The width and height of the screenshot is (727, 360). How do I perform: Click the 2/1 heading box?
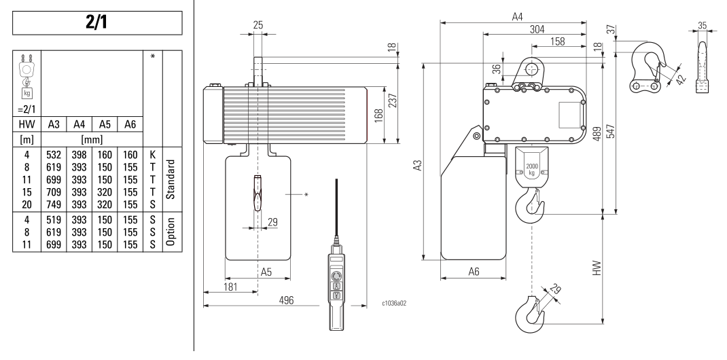pos(97,22)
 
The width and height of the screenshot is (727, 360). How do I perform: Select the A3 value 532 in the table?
pos(54,155)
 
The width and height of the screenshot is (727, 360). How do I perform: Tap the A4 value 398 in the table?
pos(79,155)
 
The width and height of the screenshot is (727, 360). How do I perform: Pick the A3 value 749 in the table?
pos(54,204)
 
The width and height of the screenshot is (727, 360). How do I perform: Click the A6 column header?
pos(130,124)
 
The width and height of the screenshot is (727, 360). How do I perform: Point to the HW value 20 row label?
pos(27,204)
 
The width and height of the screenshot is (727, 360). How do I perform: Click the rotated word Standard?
pos(170,179)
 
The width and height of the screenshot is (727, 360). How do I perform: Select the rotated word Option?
pos(170,232)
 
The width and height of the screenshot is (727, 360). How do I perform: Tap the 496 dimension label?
pos(286,300)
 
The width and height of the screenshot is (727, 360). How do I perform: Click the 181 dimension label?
pos(230,287)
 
